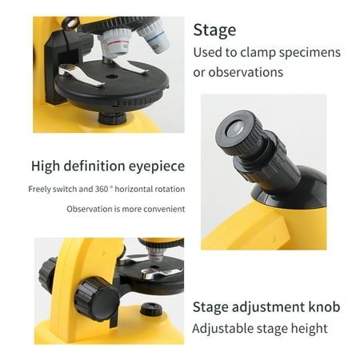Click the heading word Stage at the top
point(214,31)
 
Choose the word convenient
point(164,209)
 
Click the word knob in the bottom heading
point(322,307)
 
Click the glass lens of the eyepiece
point(238,128)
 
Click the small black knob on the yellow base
point(150,309)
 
